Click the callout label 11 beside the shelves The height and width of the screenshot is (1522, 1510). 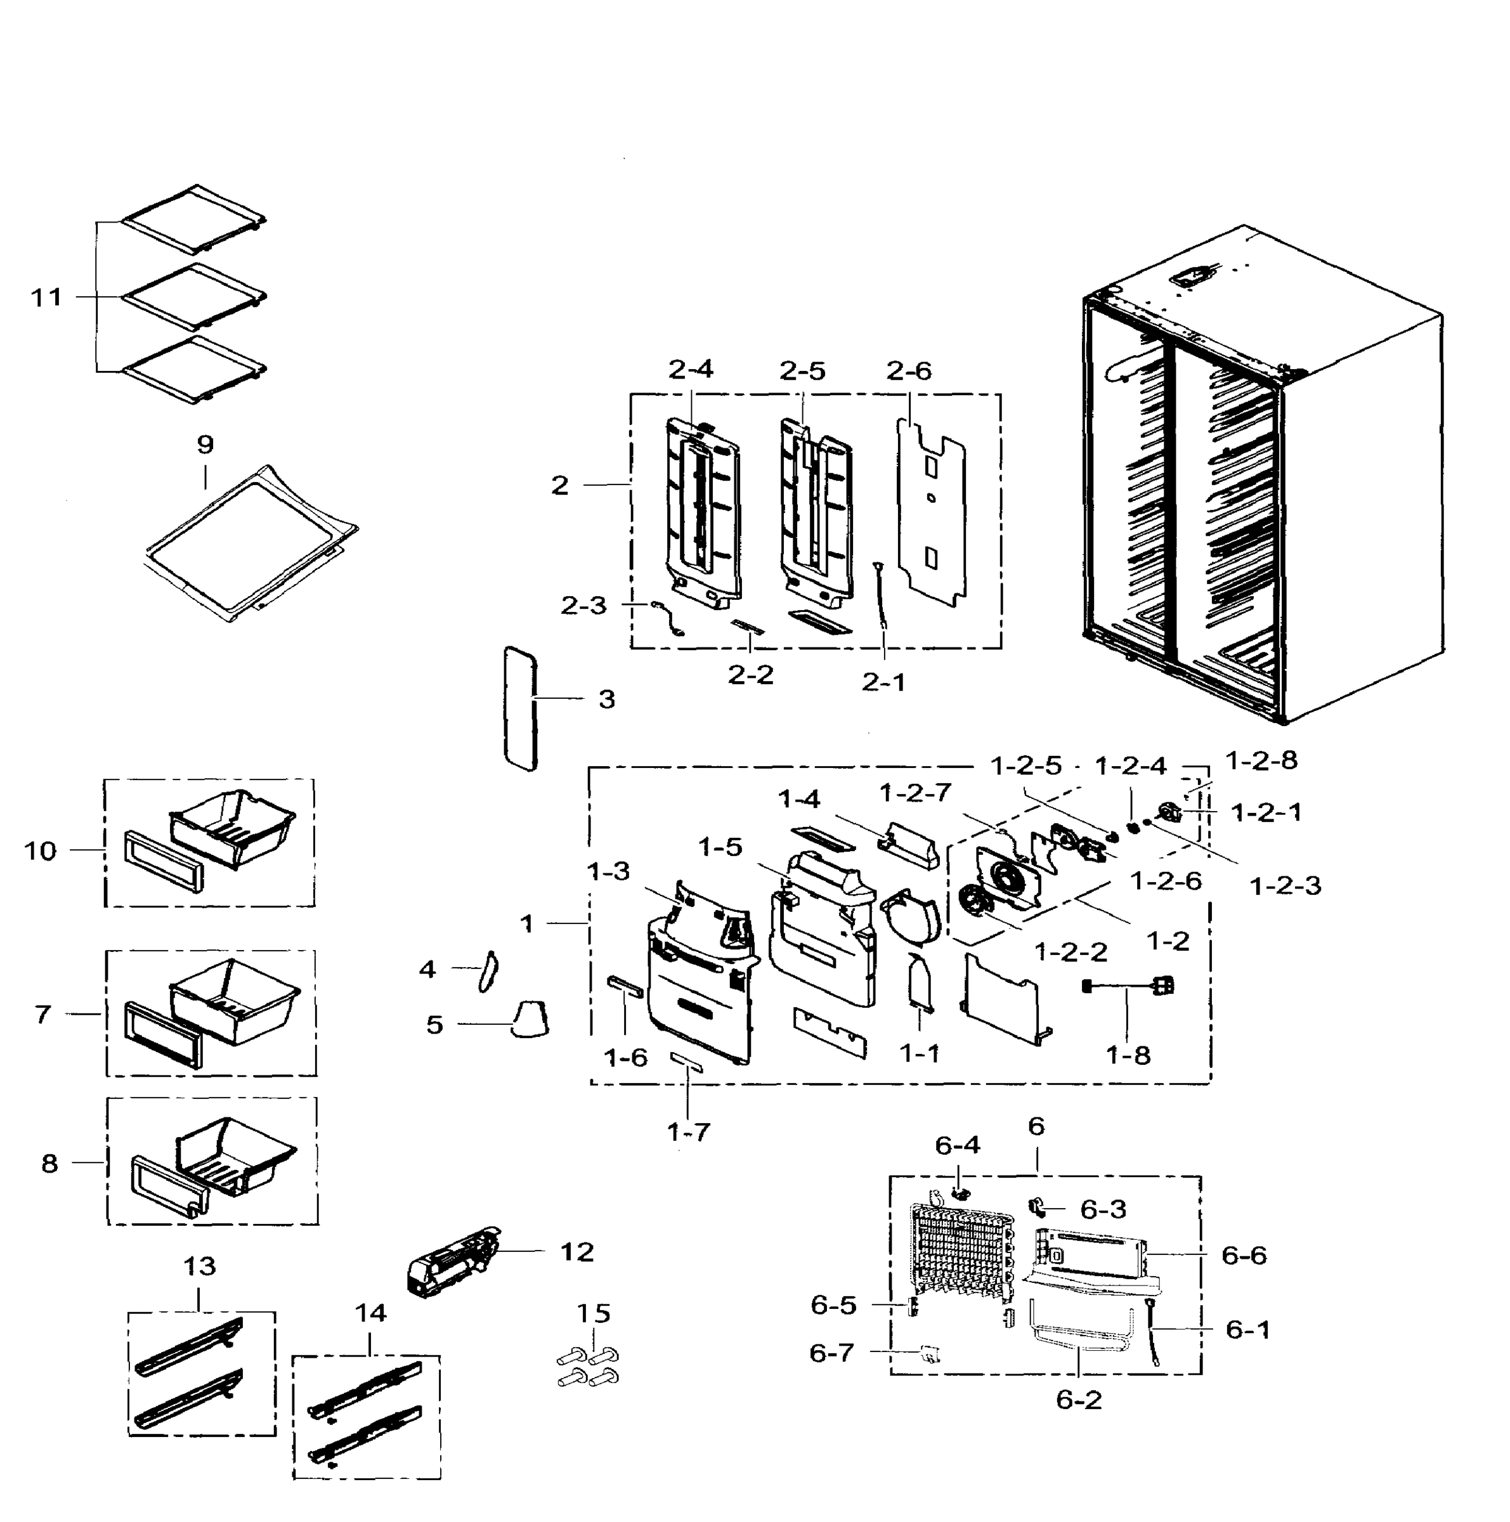(46, 298)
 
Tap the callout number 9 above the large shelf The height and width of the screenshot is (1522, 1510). (205, 445)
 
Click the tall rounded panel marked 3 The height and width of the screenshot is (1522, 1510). (520, 708)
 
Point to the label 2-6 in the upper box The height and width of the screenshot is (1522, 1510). (908, 371)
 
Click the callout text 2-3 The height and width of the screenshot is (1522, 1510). (583, 605)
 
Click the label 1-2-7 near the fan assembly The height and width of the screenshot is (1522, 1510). (914, 793)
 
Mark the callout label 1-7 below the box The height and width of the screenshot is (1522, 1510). (689, 1133)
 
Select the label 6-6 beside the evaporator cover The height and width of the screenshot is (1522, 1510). (1244, 1256)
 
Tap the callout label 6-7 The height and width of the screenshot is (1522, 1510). (831, 1353)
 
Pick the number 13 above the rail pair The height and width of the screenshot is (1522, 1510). (199, 1266)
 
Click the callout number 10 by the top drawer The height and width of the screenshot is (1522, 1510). (40, 851)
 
